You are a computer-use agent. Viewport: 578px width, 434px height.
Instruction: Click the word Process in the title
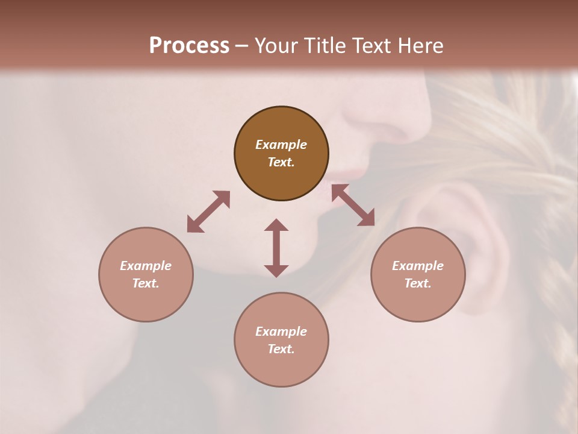[x=189, y=46]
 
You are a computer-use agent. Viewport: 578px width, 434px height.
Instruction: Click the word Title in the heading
[x=322, y=46]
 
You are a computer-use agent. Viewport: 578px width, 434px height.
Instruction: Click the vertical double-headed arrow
[x=276, y=248]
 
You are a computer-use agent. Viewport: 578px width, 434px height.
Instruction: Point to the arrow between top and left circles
[x=208, y=212]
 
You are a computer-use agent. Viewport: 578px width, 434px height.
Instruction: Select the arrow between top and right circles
[x=353, y=205]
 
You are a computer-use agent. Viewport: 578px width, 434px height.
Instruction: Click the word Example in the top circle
[x=281, y=145]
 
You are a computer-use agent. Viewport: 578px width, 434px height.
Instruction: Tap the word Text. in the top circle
[x=281, y=162]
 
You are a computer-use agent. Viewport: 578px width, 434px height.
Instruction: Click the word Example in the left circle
[x=146, y=266]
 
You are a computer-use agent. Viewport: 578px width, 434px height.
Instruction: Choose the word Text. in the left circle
[x=146, y=283]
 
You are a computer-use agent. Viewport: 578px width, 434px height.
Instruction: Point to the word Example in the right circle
[x=418, y=266]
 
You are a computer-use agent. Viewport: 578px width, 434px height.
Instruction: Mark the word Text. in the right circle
[x=418, y=283]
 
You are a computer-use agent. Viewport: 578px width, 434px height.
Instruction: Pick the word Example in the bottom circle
[x=281, y=332]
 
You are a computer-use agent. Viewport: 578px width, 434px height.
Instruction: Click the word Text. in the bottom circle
[x=281, y=349]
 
